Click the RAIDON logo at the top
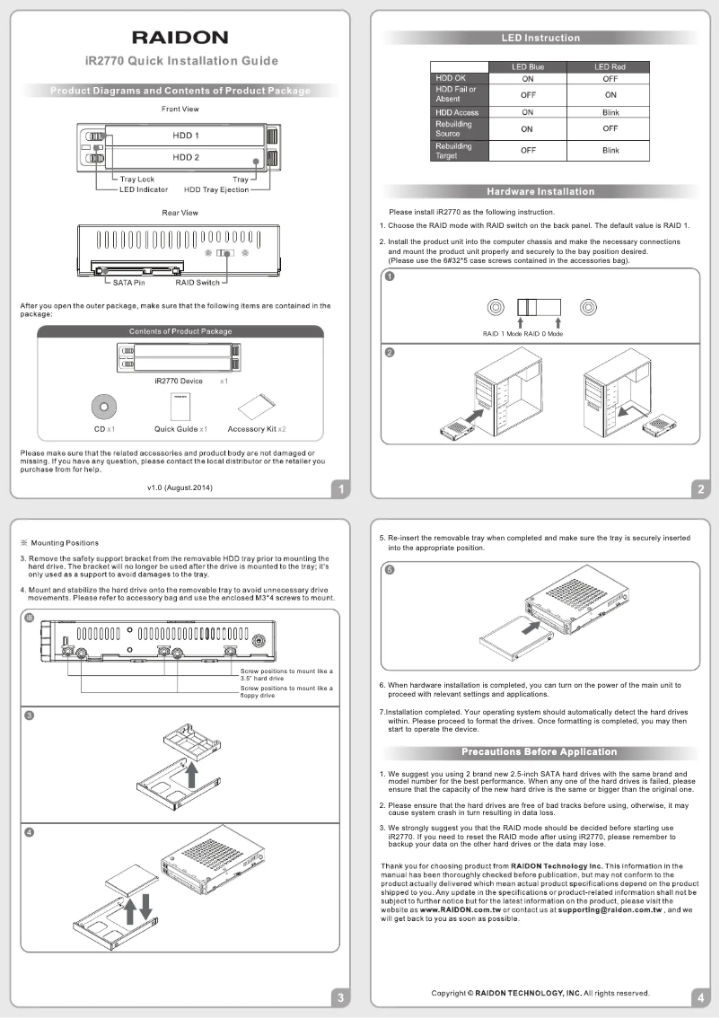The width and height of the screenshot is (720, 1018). (x=180, y=37)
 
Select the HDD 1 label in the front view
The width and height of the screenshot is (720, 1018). (x=185, y=136)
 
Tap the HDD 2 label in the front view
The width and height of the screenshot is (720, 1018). (x=185, y=157)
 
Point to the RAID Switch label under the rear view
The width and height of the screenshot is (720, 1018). (x=197, y=283)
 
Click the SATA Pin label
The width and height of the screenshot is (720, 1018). (x=128, y=283)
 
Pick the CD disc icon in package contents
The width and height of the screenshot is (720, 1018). (x=104, y=407)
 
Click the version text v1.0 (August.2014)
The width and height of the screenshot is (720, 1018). (x=180, y=487)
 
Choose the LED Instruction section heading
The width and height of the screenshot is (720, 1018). (x=540, y=38)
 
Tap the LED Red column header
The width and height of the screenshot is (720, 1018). (x=610, y=67)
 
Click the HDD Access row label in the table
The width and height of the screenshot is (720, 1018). (x=457, y=112)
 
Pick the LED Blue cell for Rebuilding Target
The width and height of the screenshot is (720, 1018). (x=527, y=151)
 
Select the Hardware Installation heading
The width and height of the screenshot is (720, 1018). (x=540, y=191)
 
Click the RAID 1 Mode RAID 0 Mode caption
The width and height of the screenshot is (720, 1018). (x=522, y=334)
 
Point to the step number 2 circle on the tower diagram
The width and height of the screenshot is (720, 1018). (x=390, y=352)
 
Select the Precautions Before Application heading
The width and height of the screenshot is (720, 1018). (x=540, y=751)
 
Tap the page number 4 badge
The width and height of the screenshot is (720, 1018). (x=699, y=997)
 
